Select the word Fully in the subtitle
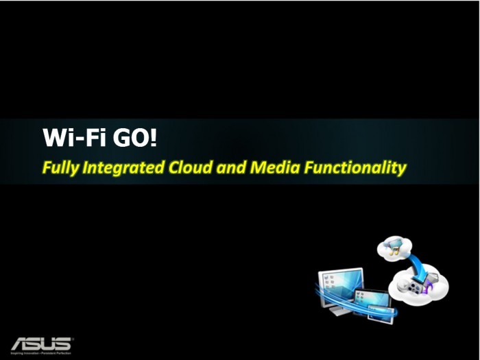click(60, 168)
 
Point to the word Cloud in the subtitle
click(189, 167)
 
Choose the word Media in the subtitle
click(273, 167)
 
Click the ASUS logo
click(40, 342)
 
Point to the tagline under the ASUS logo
click(40, 352)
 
